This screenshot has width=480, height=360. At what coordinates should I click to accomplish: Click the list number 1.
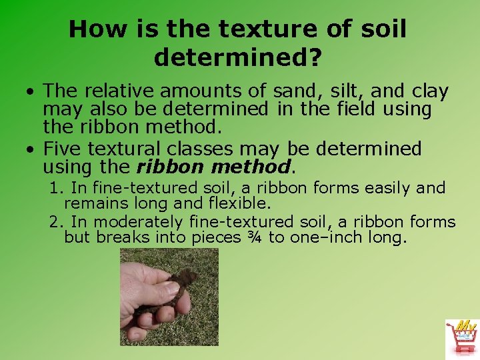click(55, 189)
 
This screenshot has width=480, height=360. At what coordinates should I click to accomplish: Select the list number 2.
click(55, 222)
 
